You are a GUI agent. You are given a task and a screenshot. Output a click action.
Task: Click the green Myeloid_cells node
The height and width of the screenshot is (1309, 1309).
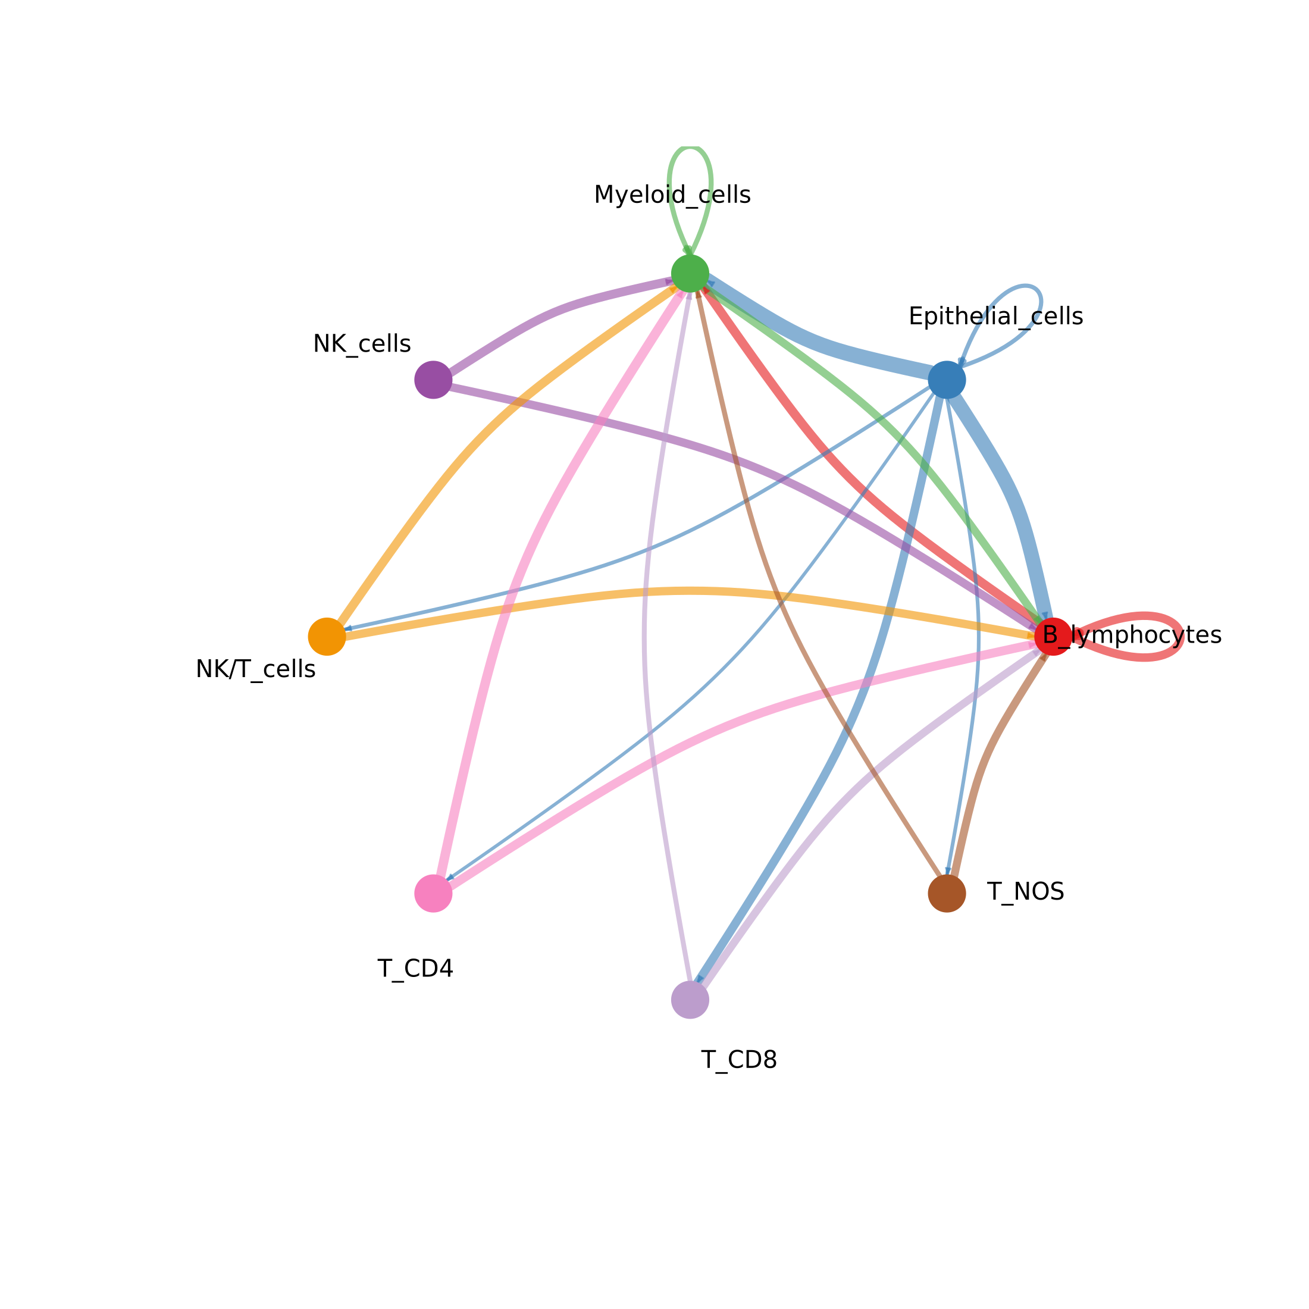tap(690, 274)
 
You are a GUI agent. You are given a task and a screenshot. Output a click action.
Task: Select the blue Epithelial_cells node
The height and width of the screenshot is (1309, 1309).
tap(947, 380)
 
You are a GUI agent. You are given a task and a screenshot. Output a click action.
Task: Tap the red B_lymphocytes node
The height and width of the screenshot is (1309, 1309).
tap(1053, 636)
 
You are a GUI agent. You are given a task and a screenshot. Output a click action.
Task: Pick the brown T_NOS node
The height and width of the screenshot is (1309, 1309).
tap(947, 893)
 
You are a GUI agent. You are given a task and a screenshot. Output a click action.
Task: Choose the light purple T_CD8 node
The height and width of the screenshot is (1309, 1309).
tap(690, 1000)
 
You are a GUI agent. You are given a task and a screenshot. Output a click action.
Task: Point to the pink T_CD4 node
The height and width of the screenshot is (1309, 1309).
tap(433, 893)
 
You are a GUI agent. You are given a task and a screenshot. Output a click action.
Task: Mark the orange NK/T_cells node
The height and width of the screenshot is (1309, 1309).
tap(327, 636)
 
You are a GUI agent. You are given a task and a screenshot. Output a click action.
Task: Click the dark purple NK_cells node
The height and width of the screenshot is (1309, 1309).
tap(433, 380)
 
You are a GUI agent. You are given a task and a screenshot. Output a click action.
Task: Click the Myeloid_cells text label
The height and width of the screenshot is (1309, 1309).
tap(672, 196)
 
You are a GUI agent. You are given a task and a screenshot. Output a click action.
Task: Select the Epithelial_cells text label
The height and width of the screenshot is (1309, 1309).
tap(995, 317)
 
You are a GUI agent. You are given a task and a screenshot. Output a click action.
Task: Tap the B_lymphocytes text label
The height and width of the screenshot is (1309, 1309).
tap(1132, 635)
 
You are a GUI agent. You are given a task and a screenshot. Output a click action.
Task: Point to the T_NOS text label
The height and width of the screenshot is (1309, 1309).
tap(1025, 892)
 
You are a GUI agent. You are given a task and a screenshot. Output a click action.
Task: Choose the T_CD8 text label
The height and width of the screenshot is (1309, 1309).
tap(738, 1060)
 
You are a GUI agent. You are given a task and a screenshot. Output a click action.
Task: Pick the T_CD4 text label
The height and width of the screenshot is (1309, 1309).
tap(415, 969)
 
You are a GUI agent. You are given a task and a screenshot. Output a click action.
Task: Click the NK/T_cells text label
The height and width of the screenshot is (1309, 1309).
tap(255, 669)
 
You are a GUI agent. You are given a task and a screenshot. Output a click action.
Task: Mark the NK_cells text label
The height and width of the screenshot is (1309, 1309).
tap(362, 344)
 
